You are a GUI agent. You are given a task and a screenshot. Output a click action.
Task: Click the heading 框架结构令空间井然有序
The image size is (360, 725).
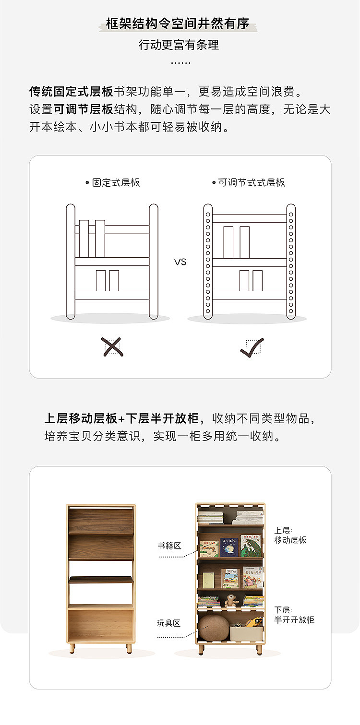[x=178, y=24]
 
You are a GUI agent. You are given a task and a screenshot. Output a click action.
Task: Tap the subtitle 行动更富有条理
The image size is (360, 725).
[x=179, y=45]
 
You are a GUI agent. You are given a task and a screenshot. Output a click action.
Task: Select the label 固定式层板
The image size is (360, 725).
[x=116, y=182]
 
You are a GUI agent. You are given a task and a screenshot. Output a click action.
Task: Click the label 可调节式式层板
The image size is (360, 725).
[x=252, y=182]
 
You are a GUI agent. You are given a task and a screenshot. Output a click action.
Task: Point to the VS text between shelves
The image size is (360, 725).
[x=180, y=262]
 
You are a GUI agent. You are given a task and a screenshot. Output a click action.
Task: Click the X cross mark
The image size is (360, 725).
[x=112, y=347]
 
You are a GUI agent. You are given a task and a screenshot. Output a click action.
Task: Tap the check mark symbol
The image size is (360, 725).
[x=252, y=347]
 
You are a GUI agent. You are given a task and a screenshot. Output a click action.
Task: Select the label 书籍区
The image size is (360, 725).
[x=169, y=546]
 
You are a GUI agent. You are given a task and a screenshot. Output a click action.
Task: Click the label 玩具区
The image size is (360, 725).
[x=168, y=623]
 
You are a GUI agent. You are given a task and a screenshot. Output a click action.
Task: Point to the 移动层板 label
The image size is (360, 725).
[x=290, y=540]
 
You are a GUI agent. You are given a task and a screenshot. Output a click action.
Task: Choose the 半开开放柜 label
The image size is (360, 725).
[x=294, y=619]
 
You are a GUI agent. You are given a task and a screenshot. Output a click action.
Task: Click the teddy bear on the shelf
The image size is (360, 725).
[x=231, y=600]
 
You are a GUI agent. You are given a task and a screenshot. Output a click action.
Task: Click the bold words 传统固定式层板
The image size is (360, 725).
[x=71, y=92]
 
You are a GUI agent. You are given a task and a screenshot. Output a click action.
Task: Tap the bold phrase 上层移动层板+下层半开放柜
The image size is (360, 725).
[x=121, y=418]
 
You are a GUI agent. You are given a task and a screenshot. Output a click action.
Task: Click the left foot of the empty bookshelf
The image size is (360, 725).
[x=72, y=649]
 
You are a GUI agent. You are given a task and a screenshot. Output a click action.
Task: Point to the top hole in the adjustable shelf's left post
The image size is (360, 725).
[x=208, y=214]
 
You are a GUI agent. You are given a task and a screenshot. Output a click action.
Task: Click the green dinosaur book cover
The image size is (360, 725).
[x=251, y=546]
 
